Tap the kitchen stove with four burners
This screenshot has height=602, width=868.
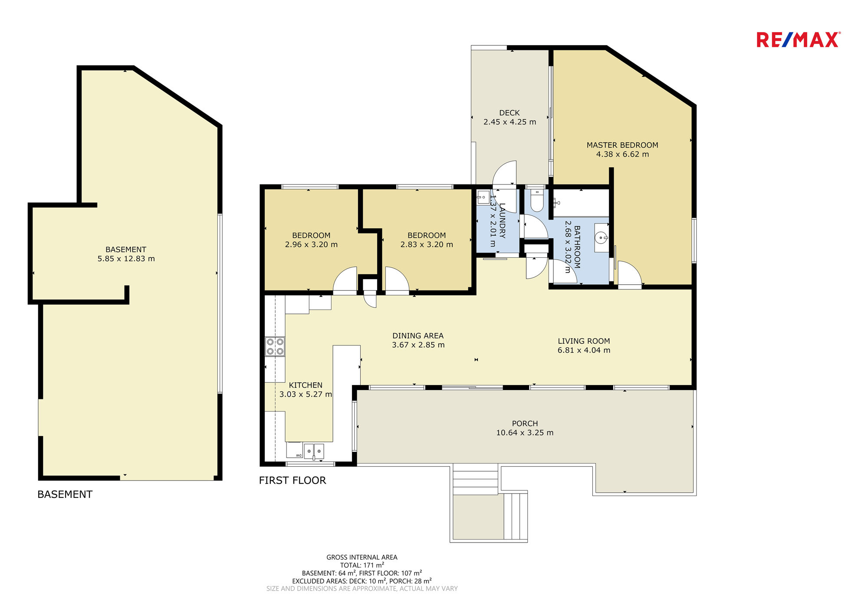click(275, 346)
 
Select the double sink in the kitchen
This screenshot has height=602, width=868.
click(314, 451)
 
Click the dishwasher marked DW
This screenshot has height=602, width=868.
click(295, 450)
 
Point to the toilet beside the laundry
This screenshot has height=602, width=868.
click(537, 200)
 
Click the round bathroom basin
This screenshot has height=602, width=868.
click(601, 237)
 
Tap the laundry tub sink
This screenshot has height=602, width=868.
click(483, 197)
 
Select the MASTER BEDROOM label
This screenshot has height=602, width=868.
click(622, 145)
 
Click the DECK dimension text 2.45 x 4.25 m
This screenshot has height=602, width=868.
click(510, 122)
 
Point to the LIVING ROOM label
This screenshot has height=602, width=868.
click(584, 341)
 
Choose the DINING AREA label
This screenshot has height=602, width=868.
click(418, 336)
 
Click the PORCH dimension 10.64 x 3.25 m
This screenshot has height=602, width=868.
click(525, 433)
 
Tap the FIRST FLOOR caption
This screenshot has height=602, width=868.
click(293, 480)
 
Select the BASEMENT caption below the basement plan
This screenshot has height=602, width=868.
click(65, 494)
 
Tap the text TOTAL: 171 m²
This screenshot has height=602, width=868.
click(362, 565)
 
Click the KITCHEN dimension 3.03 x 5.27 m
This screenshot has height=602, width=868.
click(306, 395)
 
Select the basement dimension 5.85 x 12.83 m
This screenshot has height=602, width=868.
click(126, 259)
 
